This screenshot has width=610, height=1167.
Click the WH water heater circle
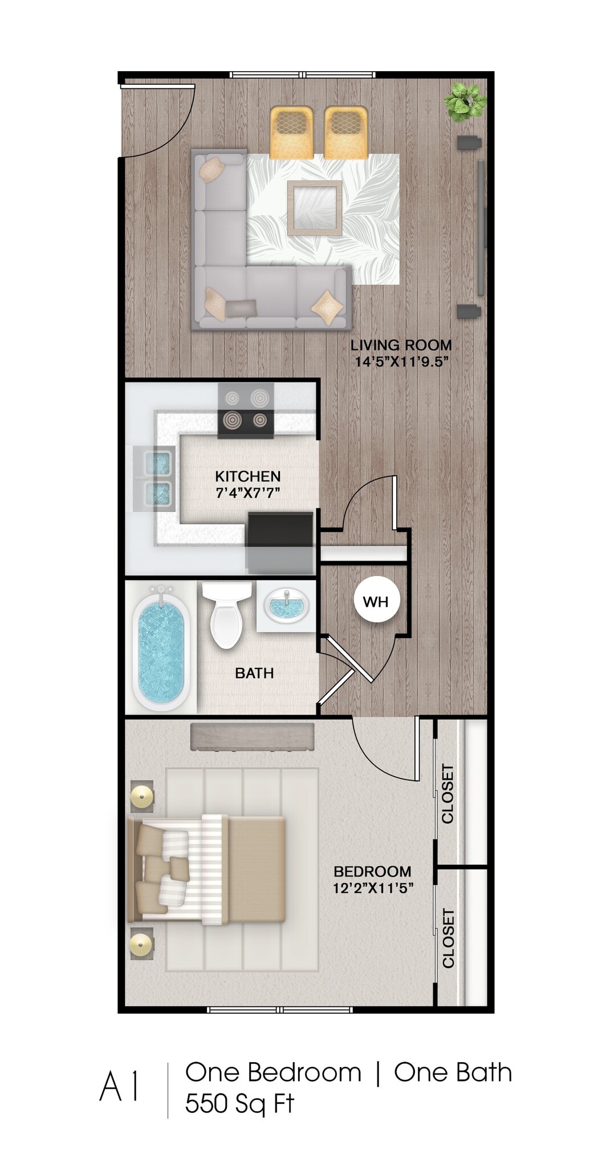[x=375, y=601]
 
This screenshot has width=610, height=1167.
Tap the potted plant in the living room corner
[x=465, y=101]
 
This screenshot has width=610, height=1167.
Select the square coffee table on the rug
[x=314, y=207]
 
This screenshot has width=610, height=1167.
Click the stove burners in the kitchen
[x=246, y=410]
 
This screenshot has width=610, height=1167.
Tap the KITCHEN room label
[x=247, y=476]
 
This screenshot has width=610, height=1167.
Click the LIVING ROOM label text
[x=401, y=345]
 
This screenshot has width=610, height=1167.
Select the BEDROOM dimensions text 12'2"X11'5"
[x=373, y=887]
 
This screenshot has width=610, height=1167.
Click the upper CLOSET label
[x=448, y=793]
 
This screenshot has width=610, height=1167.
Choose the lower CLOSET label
[x=449, y=938]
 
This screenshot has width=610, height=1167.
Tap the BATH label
[x=254, y=673]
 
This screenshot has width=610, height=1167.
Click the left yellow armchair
[x=291, y=132]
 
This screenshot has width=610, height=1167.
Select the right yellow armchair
[x=345, y=132]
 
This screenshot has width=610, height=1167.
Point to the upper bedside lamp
[x=141, y=796]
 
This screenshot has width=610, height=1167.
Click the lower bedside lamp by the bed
[x=141, y=946]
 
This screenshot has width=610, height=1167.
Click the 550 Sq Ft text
[x=239, y=1103]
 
